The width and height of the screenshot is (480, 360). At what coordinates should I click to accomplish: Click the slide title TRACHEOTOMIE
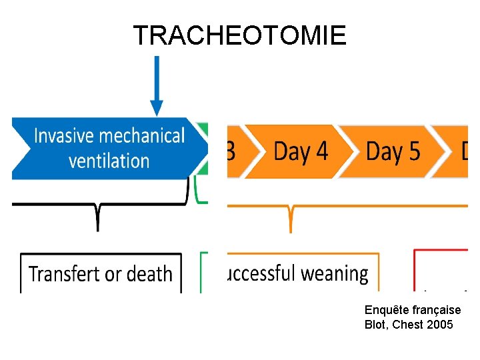click(x=239, y=35)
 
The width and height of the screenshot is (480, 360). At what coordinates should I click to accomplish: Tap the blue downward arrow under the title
click(x=157, y=87)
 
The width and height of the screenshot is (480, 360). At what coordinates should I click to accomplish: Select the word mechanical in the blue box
click(x=143, y=136)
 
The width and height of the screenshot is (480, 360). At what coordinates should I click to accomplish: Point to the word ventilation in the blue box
click(x=109, y=161)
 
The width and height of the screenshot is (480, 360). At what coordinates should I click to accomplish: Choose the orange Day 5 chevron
click(x=393, y=151)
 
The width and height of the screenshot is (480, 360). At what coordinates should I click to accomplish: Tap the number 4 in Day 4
click(x=321, y=151)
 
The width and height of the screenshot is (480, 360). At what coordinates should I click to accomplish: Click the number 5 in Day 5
click(x=414, y=151)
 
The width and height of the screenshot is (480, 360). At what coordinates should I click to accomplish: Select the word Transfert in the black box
click(x=65, y=274)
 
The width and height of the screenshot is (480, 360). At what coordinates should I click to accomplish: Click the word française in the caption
click(x=435, y=310)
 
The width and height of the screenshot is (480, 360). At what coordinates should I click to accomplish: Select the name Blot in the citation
click(x=375, y=325)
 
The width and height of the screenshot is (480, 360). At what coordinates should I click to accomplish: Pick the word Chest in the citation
click(x=407, y=325)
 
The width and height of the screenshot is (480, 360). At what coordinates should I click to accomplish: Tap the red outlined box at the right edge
click(x=441, y=270)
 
